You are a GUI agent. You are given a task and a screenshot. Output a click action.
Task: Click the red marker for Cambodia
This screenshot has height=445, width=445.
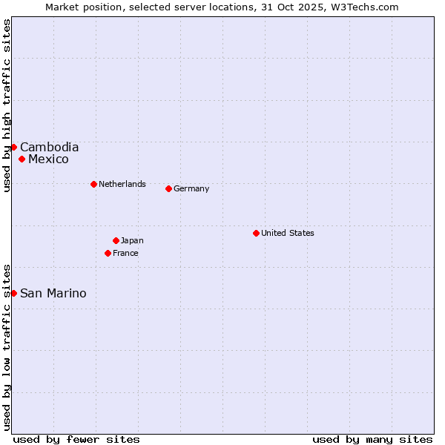(13, 147)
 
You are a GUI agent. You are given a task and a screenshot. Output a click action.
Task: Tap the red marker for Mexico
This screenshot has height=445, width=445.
(22, 159)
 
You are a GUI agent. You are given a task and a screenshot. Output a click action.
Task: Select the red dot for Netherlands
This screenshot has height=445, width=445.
(93, 184)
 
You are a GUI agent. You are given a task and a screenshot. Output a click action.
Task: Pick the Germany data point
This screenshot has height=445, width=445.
(168, 188)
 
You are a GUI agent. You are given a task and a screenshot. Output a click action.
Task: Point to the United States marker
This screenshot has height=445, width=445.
(256, 233)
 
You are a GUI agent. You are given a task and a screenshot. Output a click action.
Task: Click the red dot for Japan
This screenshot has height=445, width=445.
(116, 240)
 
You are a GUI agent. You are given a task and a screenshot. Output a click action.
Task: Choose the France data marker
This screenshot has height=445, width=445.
(108, 253)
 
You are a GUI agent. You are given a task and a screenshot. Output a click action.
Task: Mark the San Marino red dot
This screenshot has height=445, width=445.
(13, 294)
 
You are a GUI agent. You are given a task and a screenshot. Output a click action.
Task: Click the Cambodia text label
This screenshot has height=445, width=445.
(49, 147)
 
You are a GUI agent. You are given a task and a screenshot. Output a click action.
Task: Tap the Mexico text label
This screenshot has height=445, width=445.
(48, 159)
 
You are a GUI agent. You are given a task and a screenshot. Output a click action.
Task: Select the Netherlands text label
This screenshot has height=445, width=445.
(122, 184)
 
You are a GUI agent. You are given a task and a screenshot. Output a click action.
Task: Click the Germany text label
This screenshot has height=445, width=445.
(191, 188)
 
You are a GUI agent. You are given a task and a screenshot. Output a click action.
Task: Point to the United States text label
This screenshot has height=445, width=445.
(288, 233)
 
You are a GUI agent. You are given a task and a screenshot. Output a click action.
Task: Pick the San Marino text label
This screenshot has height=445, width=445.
(53, 294)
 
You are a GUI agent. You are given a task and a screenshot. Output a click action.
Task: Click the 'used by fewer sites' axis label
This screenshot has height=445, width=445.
(76, 439)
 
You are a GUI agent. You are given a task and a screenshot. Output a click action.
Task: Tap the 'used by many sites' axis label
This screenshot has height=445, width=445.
(372, 439)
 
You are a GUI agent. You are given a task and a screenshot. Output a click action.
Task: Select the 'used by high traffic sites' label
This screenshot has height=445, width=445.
(7, 105)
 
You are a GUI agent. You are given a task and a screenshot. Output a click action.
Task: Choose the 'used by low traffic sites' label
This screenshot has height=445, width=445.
(7, 346)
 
